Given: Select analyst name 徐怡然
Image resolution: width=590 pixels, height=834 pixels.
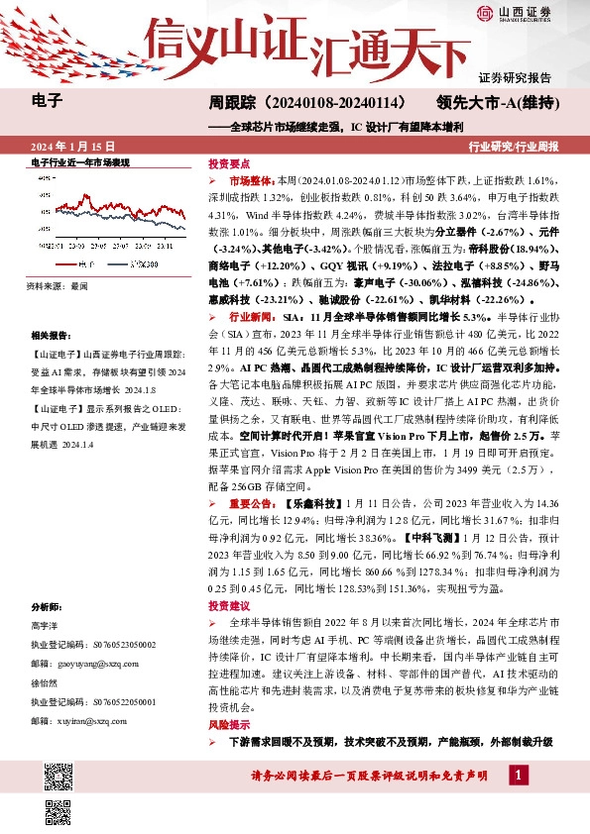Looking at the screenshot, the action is pos(46,683).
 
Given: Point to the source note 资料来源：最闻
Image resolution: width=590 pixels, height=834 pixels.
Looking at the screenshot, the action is pos(59,284).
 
